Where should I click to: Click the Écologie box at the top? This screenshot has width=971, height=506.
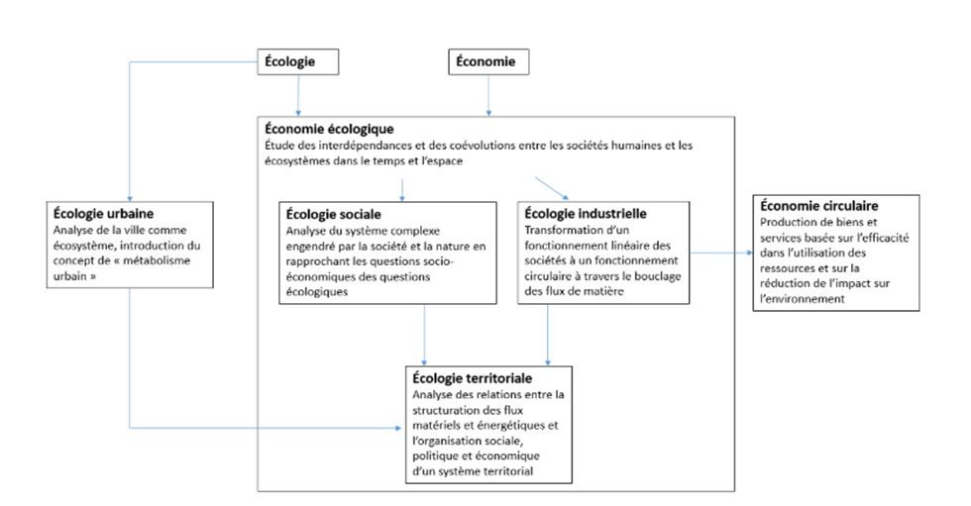[298, 61]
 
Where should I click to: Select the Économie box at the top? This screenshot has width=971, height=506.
[488, 61]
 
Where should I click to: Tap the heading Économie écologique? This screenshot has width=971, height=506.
[329, 130]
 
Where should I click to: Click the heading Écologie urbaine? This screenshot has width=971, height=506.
[103, 214]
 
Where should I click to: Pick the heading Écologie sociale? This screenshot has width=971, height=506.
[333, 215]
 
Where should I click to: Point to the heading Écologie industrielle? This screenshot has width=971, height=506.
[586, 214]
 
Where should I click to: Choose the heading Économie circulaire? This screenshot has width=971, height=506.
[818, 206]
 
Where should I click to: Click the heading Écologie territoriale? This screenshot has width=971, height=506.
[472, 378]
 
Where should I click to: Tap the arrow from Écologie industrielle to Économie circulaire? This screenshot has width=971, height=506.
[721, 253]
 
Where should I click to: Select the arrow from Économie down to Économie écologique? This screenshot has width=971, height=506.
[488, 95]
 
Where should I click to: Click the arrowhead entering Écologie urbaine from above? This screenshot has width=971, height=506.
[130, 198]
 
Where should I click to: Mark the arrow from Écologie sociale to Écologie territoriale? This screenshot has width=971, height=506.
[424, 335]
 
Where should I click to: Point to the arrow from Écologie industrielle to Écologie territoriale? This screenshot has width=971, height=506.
[547, 335]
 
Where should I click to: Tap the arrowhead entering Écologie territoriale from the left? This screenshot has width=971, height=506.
[397, 428]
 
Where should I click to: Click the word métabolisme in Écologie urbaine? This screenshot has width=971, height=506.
[157, 260]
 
